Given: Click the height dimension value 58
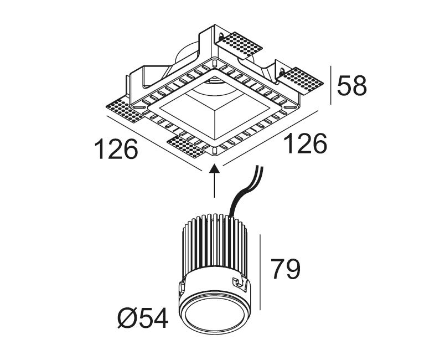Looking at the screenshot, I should [x=352, y=86].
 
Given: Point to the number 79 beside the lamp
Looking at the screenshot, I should [x=285, y=269].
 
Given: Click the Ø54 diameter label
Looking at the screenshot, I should [x=142, y=318].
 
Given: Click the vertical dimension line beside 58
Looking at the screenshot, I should [x=331, y=85].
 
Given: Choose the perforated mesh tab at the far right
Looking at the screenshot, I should [x=303, y=80].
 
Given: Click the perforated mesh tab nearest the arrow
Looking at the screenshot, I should [x=188, y=146].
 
